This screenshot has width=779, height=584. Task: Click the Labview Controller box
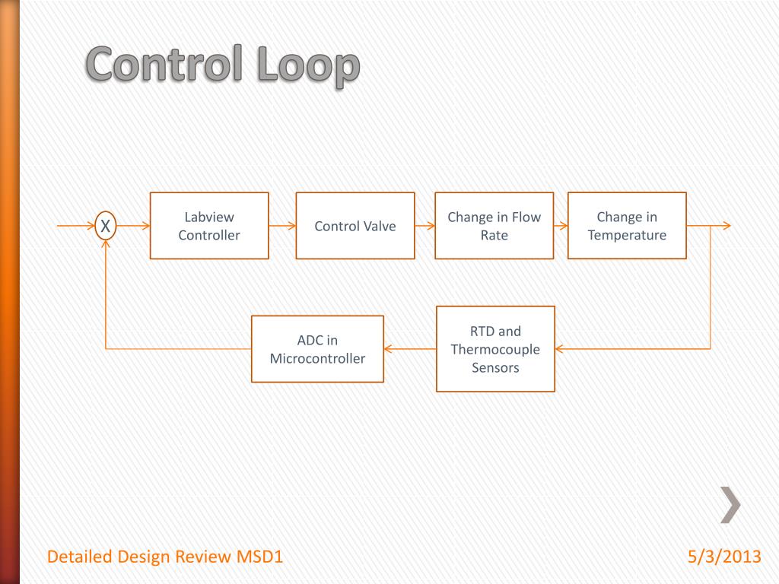click(x=209, y=226)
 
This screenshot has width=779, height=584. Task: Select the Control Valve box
click(x=355, y=226)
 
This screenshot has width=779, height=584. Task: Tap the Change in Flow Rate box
click(x=494, y=226)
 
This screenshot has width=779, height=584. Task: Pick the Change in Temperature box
click(x=627, y=226)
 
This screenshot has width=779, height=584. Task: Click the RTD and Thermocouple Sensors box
click(x=495, y=349)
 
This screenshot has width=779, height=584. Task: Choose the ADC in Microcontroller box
click(x=317, y=349)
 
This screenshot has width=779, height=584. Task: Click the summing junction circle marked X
click(x=106, y=226)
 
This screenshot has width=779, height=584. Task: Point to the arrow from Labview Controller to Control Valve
click(x=282, y=226)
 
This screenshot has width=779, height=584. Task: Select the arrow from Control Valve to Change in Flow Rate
click(x=424, y=226)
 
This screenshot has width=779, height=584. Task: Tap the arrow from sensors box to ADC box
click(x=410, y=349)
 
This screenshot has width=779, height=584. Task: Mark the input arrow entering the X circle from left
click(x=76, y=226)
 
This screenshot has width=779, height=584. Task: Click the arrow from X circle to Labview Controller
click(x=133, y=226)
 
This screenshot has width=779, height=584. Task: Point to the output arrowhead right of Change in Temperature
click(x=726, y=226)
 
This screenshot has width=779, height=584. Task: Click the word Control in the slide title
click(x=162, y=65)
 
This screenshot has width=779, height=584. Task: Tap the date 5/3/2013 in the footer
click(x=723, y=557)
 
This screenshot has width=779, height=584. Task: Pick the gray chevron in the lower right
click(x=730, y=504)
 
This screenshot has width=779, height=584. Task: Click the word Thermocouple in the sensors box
click(x=495, y=350)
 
